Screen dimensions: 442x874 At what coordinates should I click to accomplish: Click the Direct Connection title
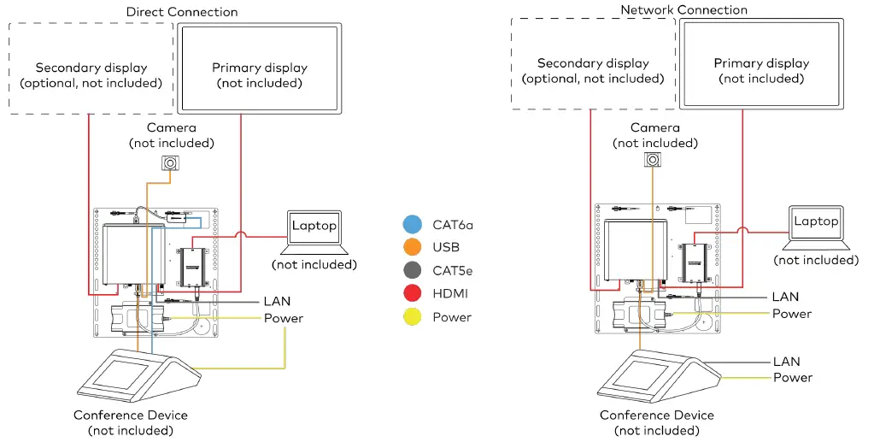click(182, 12)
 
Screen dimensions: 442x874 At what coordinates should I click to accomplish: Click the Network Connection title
click(683, 10)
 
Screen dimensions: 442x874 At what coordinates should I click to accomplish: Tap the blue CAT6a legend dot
click(410, 225)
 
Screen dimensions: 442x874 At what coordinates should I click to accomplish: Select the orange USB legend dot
click(410, 248)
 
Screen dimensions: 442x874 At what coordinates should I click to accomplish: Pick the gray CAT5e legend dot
click(410, 271)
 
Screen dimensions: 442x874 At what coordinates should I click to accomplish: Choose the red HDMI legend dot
click(410, 294)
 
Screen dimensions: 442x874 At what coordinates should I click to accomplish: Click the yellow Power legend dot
click(410, 317)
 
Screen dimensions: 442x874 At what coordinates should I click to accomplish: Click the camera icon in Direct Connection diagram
click(171, 163)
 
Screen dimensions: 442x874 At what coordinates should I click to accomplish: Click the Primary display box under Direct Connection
click(259, 68)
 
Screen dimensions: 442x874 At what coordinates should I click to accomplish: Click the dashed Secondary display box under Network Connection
click(593, 64)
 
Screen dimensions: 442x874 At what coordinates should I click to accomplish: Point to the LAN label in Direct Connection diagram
click(279, 302)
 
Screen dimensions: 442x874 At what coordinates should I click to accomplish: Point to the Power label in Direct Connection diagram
click(284, 318)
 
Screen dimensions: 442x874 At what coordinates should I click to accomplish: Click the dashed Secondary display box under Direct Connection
click(91, 68)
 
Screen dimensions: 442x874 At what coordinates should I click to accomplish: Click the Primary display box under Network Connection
click(760, 64)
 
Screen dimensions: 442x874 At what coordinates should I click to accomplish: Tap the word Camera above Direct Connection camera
click(172, 127)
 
